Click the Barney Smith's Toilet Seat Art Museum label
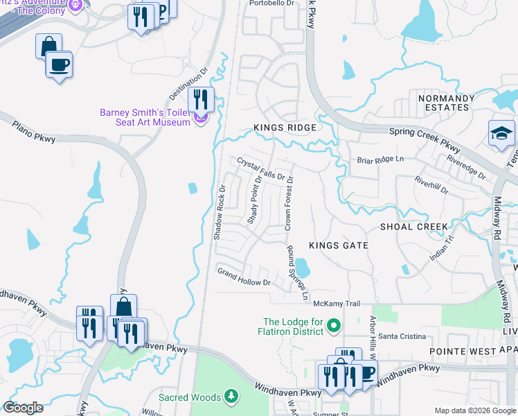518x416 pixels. click(x=145, y=117)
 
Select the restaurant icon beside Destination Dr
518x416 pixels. click(x=201, y=98)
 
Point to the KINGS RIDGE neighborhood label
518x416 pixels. click(x=285, y=128)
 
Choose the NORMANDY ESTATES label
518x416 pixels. click(x=447, y=103)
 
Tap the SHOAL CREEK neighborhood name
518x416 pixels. click(x=414, y=227)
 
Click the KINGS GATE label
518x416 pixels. click(x=338, y=245)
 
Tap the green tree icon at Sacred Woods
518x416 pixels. click(x=233, y=397)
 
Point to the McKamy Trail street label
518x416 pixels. click(x=337, y=304)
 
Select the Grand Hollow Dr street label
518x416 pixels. click(x=243, y=277)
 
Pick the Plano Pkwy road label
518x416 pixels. click(x=33, y=130)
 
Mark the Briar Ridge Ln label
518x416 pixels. click(x=379, y=159)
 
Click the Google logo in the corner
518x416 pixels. click(x=23, y=408)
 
